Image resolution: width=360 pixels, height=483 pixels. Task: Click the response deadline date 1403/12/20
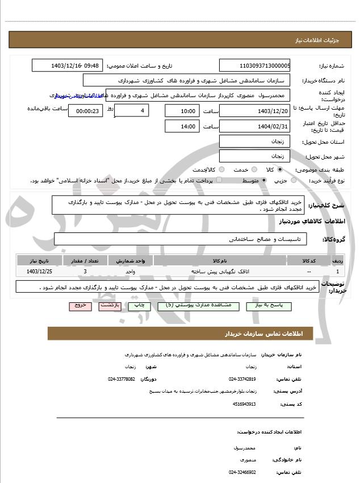click(x=254, y=111)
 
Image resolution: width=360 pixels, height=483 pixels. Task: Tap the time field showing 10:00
click(x=182, y=111)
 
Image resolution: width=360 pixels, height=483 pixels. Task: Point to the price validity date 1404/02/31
click(x=254, y=126)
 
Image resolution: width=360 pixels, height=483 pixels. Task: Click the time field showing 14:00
click(x=182, y=126)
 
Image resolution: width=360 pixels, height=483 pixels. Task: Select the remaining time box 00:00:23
click(x=85, y=111)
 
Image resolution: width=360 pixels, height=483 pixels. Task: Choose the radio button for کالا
click(x=280, y=169)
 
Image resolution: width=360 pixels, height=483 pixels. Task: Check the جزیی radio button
click(x=294, y=180)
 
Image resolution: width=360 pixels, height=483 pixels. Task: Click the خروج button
click(x=80, y=306)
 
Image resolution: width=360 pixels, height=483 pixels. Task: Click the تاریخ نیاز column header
click(x=39, y=260)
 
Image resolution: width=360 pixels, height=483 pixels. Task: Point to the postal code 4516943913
click(x=244, y=404)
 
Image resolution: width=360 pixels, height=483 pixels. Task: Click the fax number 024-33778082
click(x=122, y=378)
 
